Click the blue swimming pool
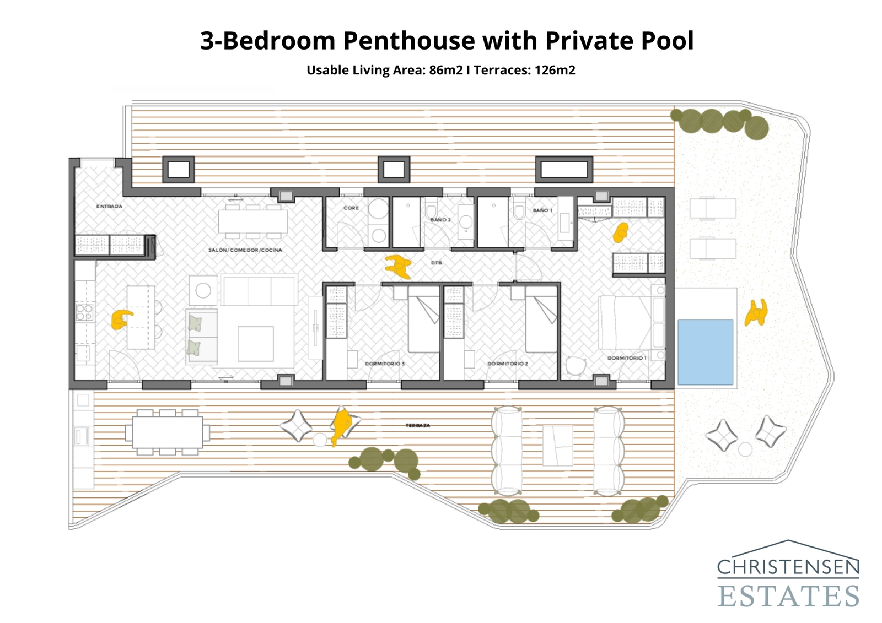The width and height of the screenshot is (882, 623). tap(705, 352)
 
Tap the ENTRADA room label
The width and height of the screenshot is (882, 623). tap(109, 207)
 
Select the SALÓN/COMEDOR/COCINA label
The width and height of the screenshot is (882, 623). tap(245, 250)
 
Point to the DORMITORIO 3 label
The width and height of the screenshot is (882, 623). tap(385, 364)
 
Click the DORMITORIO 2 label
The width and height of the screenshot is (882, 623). tap(508, 364)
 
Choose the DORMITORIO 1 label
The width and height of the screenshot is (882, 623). tap(627, 358)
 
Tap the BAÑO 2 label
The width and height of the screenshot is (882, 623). tap(440, 220)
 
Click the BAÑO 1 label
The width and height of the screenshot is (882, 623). tap(542, 210)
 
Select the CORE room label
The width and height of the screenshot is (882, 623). tap(351, 208)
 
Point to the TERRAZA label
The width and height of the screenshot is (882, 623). tap(418, 426)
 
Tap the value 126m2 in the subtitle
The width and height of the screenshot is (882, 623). tap(555, 70)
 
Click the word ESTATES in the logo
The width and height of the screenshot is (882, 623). tap(788, 596)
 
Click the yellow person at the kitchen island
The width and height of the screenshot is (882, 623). tap(121, 319)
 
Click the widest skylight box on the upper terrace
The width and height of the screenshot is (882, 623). tap(564, 169)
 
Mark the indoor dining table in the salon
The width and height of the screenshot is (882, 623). tap(253, 222)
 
